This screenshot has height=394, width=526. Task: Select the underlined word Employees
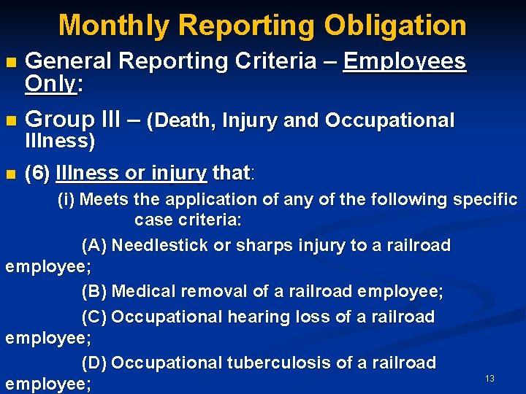click(404, 61)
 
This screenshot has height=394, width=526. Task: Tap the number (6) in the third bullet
click(37, 174)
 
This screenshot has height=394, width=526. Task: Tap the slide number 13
click(489, 378)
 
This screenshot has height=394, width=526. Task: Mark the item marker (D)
click(94, 363)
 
